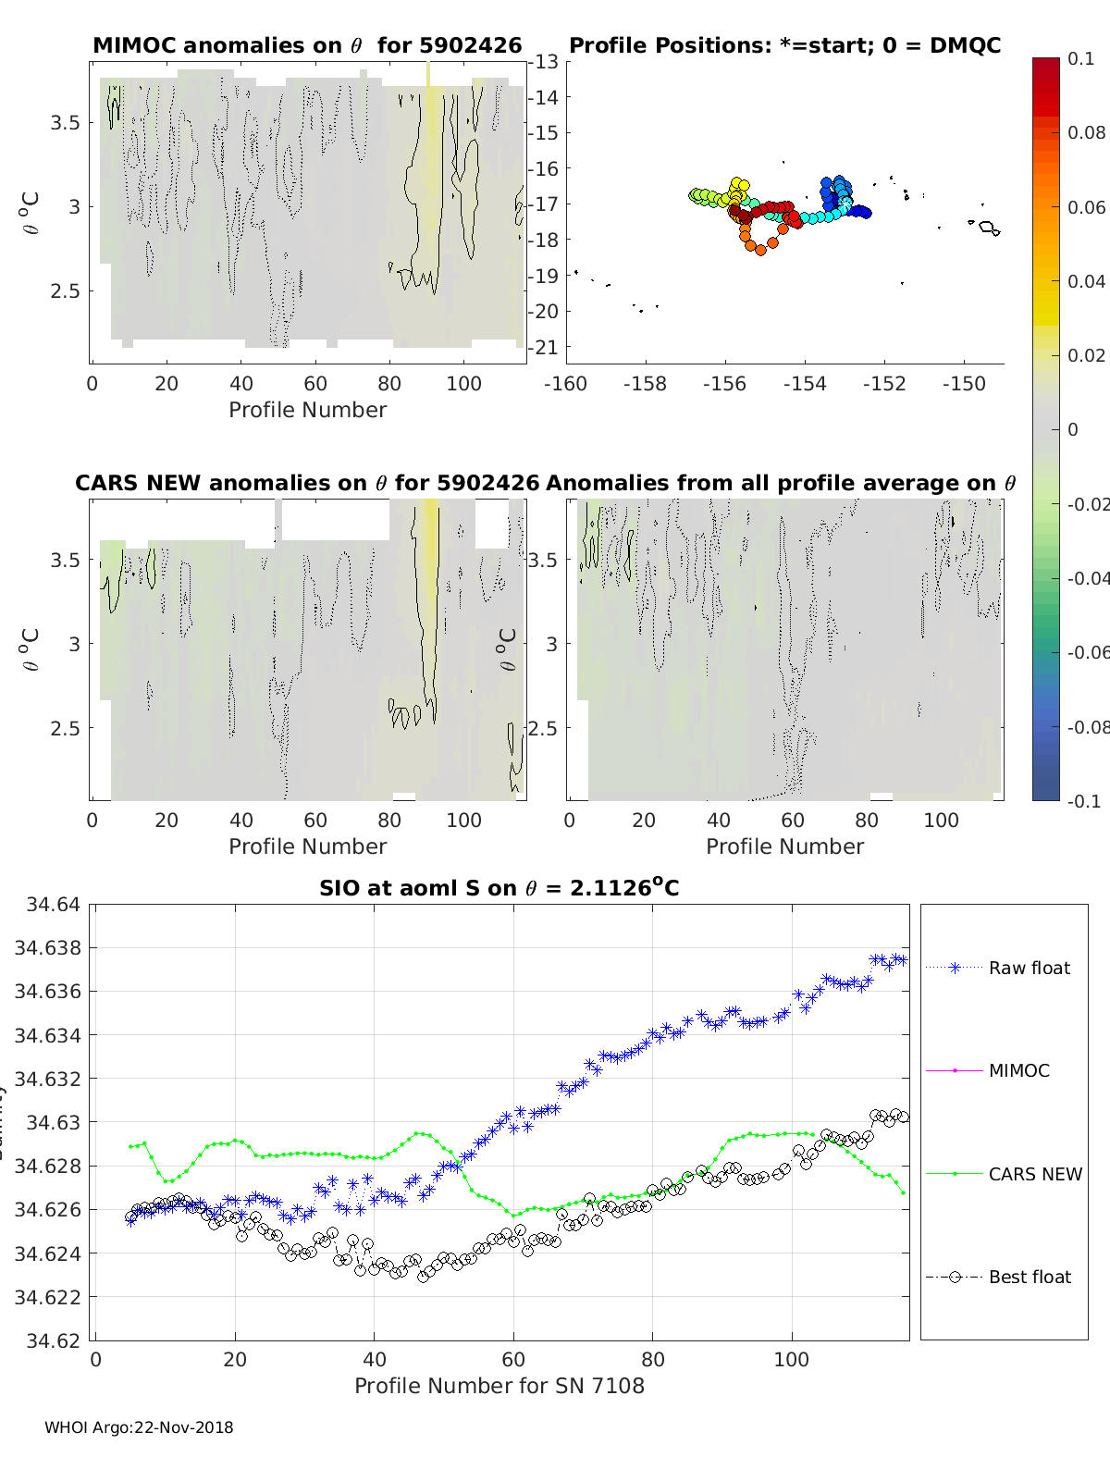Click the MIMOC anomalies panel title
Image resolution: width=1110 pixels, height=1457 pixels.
coord(307,46)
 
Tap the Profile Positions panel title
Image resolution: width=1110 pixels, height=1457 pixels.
coord(784,46)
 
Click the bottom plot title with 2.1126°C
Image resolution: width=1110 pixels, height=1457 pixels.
coord(499,888)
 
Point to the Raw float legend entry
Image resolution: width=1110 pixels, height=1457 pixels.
coord(1029,968)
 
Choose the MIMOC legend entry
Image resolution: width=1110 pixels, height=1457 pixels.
coord(1018,1070)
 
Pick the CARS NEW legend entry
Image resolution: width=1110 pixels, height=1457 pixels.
coord(1034,1174)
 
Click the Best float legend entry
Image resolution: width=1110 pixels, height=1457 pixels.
coord(1029,1277)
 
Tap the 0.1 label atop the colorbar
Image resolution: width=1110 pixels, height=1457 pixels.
coord(1080,58)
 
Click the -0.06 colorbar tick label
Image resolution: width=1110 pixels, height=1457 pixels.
coord(1087,652)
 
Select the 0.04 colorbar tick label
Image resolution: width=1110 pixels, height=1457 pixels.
coord(1086,281)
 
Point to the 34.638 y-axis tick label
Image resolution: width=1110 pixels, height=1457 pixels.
coord(48,947)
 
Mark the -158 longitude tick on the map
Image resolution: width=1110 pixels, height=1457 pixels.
coord(645,384)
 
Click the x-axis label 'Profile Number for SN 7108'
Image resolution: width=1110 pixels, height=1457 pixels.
coord(499,1386)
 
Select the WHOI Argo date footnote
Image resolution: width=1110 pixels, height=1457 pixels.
coord(139,1427)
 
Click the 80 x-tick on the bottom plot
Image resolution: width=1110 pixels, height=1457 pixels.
coord(652,1359)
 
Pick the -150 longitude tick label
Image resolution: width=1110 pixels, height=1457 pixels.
coord(964,384)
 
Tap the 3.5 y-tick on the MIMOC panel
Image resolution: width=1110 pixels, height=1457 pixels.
coord(66,123)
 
